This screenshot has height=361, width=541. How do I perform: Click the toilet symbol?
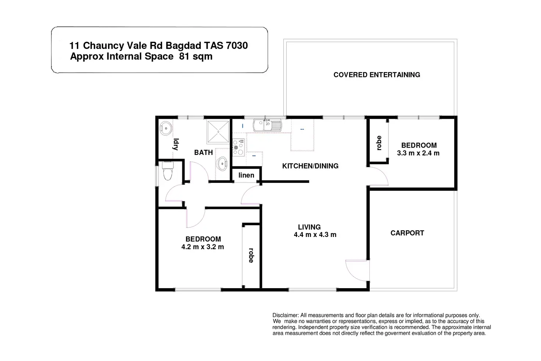click(x=168, y=171)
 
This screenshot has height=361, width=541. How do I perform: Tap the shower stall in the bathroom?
click(x=218, y=132)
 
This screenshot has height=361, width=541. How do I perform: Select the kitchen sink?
click(x=267, y=125)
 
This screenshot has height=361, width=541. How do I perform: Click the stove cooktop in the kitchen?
click(x=239, y=147)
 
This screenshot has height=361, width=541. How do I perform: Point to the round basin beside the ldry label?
click(x=166, y=128)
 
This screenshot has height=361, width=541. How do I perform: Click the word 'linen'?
click(x=246, y=175)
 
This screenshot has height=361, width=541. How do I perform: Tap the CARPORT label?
click(x=407, y=233)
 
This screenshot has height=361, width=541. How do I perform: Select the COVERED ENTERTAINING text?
click(x=377, y=75)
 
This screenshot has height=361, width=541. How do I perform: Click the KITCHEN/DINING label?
click(x=310, y=166)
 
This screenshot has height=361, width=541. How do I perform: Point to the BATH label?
click(x=204, y=152)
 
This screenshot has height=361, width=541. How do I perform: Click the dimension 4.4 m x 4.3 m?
click(x=315, y=234)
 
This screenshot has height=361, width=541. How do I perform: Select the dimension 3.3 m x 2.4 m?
click(x=418, y=153)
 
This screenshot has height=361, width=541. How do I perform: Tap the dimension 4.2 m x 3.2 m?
click(x=203, y=247)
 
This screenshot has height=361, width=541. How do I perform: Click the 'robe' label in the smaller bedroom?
click(x=379, y=143)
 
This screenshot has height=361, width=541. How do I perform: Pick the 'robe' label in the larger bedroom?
click(x=251, y=255)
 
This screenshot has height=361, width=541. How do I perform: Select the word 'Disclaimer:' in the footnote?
click(x=286, y=315)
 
